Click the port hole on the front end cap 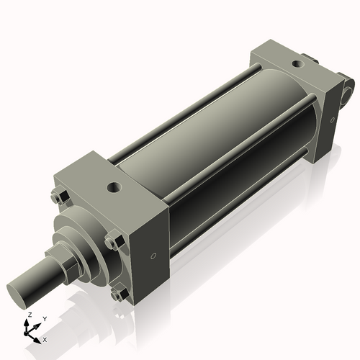113,189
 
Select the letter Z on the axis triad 28,315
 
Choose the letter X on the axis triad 45,338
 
